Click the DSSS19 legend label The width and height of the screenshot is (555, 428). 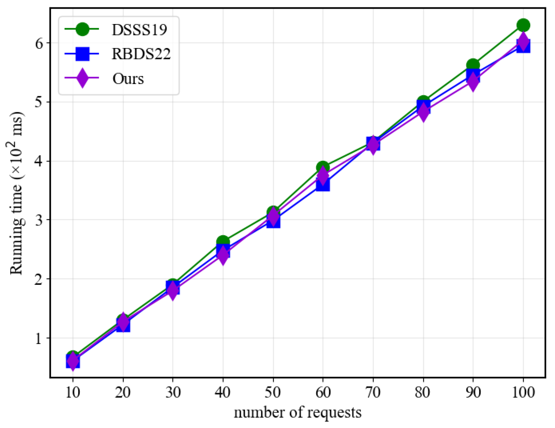pyautogui.click(x=139, y=30)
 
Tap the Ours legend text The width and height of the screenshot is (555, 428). pyautogui.click(x=128, y=79)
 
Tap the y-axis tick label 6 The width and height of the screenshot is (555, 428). pyautogui.click(x=39, y=43)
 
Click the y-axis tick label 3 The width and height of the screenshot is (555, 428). pyautogui.click(x=39, y=220)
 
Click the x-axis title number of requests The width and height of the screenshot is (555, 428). pyautogui.click(x=298, y=413)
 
